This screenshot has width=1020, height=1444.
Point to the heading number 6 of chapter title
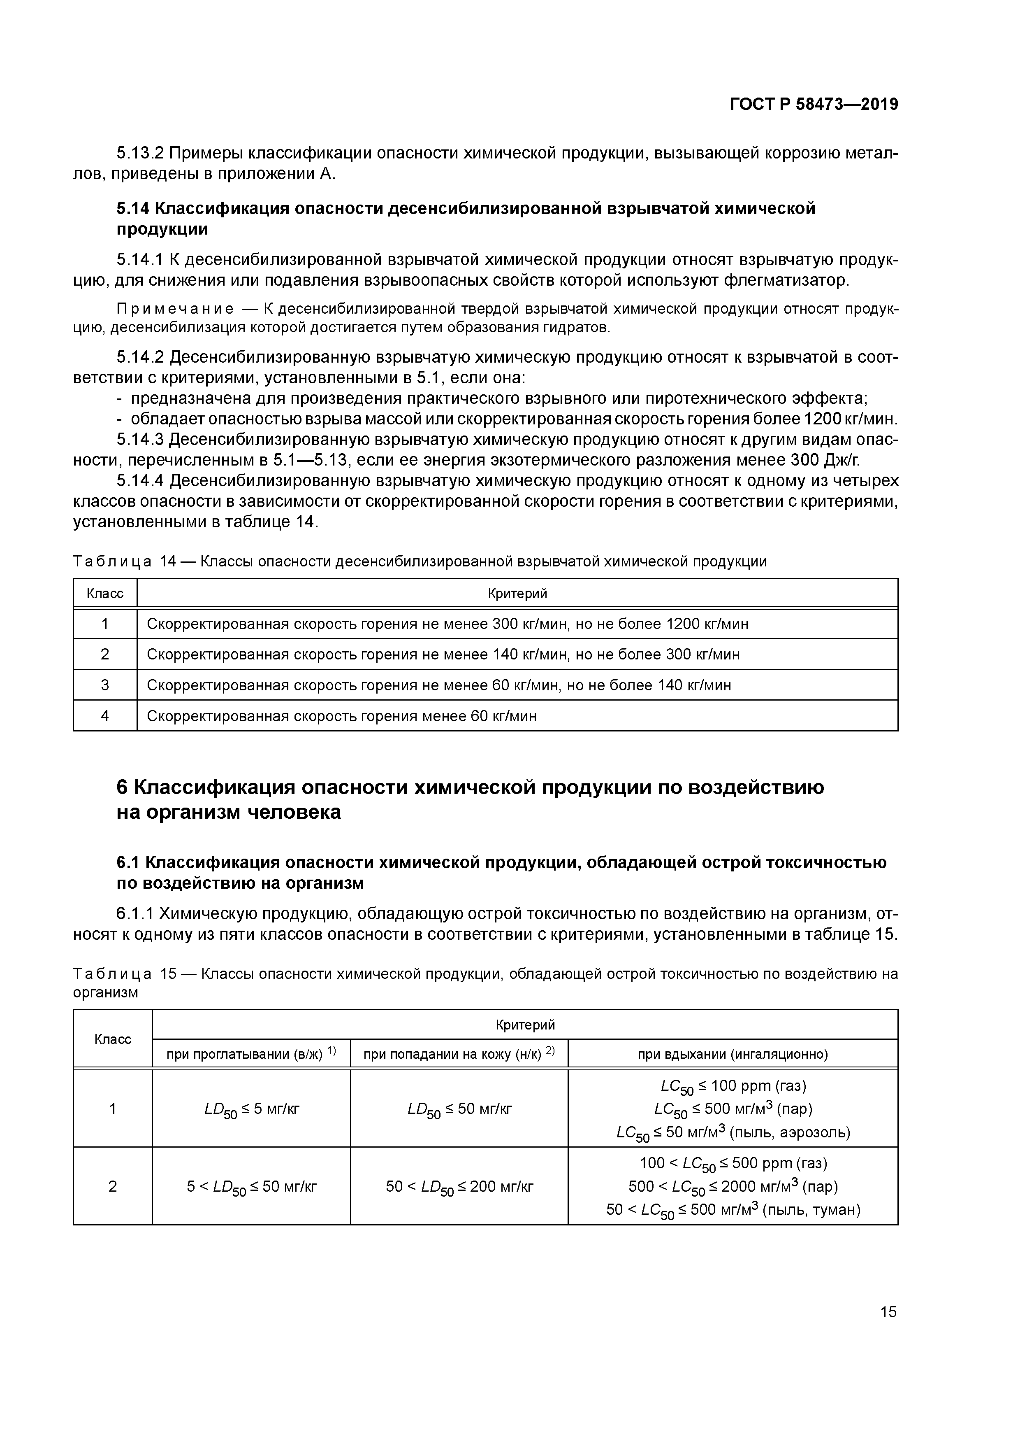point(123,787)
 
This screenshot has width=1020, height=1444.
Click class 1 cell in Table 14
point(105,624)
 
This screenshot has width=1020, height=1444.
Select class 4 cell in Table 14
point(105,716)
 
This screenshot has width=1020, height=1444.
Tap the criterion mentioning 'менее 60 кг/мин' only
point(341,716)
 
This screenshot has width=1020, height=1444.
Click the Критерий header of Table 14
point(517,593)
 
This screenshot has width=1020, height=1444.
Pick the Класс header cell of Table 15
point(113,1039)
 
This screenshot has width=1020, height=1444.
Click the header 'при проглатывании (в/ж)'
point(251,1054)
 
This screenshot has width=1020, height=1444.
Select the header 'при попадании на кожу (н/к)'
point(459,1054)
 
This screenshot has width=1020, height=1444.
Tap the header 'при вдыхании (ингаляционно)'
point(733,1054)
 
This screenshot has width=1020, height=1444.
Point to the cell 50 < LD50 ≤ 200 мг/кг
point(459,1187)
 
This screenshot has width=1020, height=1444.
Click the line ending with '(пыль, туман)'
point(733,1209)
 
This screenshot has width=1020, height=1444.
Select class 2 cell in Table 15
point(113,1186)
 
